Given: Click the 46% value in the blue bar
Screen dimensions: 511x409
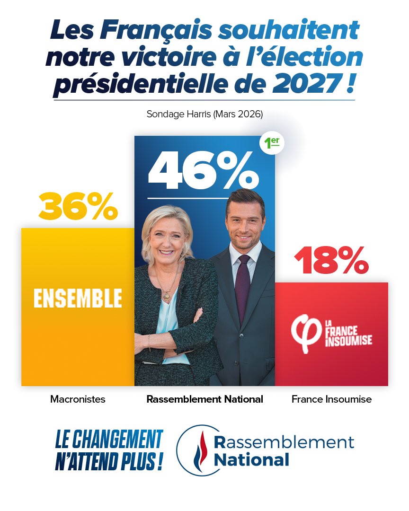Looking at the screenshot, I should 204,169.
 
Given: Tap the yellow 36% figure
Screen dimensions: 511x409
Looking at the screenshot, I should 78,207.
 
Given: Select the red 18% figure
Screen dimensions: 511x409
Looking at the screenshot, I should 331,261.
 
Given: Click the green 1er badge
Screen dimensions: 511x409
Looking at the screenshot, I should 272,143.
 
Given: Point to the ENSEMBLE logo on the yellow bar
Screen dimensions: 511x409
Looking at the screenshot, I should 78,298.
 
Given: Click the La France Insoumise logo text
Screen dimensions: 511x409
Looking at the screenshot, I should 348,334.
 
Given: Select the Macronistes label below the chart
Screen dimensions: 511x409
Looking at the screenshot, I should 78,399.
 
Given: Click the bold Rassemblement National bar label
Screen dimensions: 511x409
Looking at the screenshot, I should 204,399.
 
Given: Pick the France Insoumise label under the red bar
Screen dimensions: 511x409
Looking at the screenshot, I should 331,399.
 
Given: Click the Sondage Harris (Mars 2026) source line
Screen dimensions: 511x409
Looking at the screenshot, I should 204,114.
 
